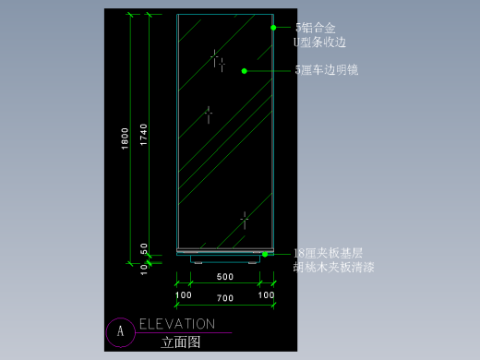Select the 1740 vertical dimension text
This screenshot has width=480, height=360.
[143, 135]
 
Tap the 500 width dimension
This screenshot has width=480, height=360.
[224, 277]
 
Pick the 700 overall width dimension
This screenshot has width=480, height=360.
[224, 298]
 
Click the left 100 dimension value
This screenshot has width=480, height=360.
[184, 294]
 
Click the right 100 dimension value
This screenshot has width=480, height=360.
[267, 294]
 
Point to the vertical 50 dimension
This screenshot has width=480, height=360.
[144, 248]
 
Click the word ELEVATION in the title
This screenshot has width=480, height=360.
[176, 324]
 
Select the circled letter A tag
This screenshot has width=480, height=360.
[119, 331]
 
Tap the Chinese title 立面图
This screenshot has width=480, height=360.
[180, 342]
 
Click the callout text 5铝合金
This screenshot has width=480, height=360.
[315, 29]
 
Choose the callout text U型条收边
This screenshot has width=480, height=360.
[319, 42]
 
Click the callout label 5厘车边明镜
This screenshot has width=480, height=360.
[327, 70]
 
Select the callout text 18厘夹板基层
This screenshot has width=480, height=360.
[328, 253]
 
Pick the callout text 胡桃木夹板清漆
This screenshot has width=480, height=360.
[333, 268]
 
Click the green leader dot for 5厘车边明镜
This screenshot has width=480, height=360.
[245, 70]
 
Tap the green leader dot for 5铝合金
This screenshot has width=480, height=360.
[273, 29]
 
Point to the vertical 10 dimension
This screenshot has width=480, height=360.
[144, 270]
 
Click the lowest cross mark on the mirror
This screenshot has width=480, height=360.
[244, 220]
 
